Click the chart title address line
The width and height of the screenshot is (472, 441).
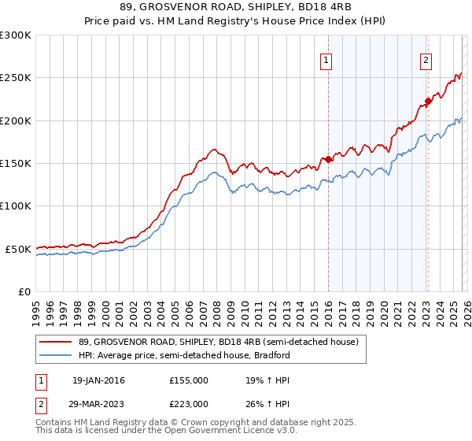(235, 7)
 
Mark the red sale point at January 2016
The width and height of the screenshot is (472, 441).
(328, 159)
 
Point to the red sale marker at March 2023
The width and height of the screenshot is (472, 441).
(428, 101)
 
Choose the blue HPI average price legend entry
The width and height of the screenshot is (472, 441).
(184, 355)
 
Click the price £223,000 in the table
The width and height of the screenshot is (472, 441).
(189, 403)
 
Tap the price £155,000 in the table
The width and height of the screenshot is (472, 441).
(189, 380)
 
